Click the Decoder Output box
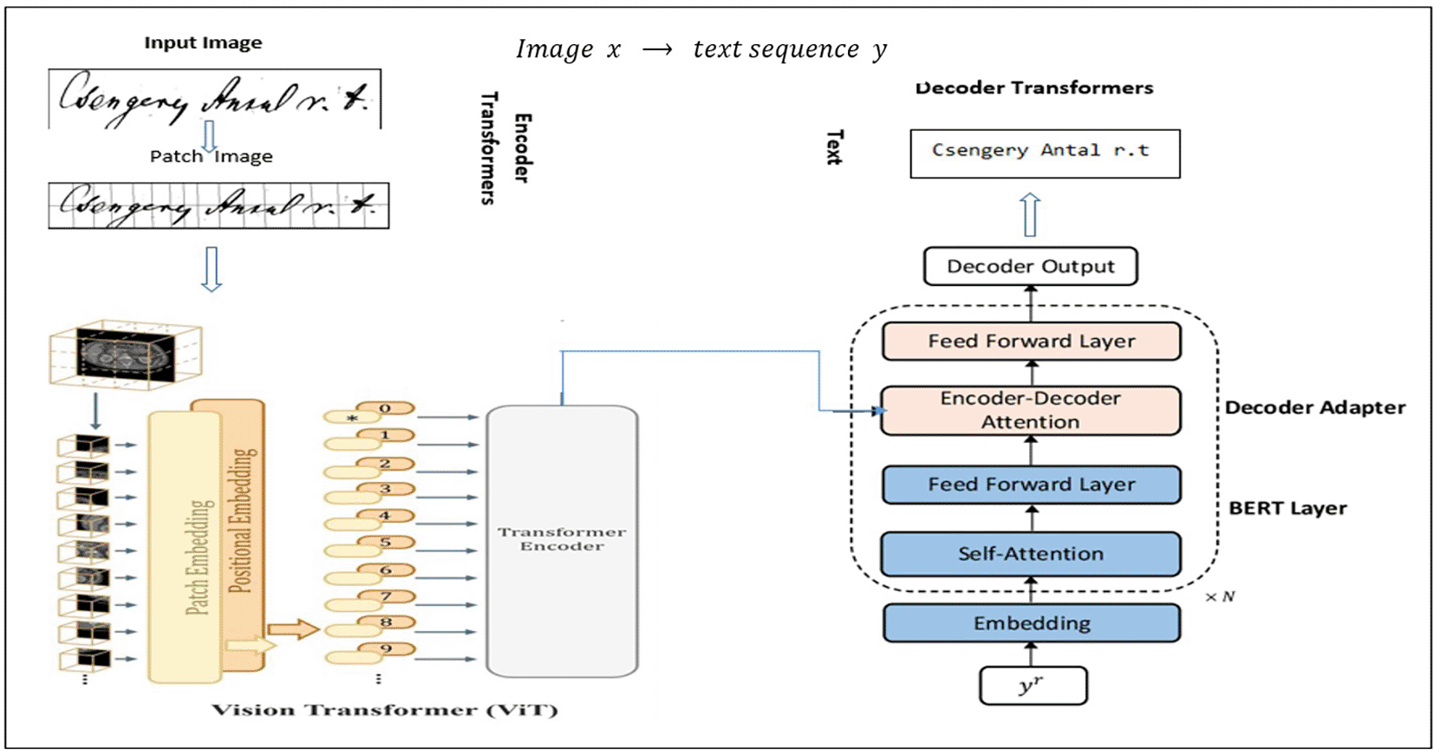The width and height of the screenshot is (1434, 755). coord(1030,266)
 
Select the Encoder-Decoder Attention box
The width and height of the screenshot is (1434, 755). coord(1030,410)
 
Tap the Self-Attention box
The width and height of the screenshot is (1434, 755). coord(1030,554)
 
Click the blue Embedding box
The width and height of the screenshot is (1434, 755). coord(1031,623)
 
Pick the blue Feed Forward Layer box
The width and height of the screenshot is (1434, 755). coord(1031,485)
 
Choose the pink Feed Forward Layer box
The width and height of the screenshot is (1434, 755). coord(1031,342)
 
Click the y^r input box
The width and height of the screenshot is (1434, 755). coord(1032,686)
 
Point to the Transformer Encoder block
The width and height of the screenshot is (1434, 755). coord(562,540)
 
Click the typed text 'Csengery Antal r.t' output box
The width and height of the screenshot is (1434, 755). coord(1044,153)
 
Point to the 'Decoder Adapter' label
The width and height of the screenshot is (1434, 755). coord(1314,407)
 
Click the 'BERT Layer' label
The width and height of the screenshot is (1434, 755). coord(1287,508)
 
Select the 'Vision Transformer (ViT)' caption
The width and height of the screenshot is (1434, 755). coord(385,710)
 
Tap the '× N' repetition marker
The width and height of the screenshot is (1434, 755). coord(1220,597)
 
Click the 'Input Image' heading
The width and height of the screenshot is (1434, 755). coord(203,42)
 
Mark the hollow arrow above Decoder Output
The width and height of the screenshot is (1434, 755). coord(1029,214)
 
